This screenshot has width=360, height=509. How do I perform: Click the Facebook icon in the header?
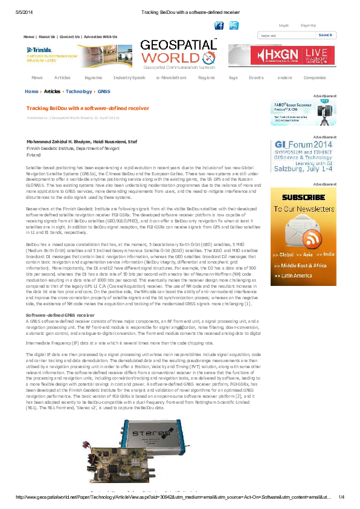tap(219, 25)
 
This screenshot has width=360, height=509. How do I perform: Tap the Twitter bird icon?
tap(234, 25)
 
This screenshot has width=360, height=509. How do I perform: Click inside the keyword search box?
tap(284, 36)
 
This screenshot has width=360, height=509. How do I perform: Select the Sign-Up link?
tap(308, 25)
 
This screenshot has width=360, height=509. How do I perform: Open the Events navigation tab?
tap(256, 78)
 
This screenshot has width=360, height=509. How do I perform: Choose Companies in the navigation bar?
tap(314, 78)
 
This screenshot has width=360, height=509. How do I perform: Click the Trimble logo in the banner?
tap(39, 50)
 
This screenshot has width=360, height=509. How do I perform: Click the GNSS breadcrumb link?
tap(104, 91)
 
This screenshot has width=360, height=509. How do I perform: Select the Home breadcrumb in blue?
tap(31, 91)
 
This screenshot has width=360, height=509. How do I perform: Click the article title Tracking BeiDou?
tap(87, 108)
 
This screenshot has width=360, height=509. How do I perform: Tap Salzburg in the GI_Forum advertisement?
tap(291, 170)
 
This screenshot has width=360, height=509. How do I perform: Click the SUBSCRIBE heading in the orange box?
tap(303, 197)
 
